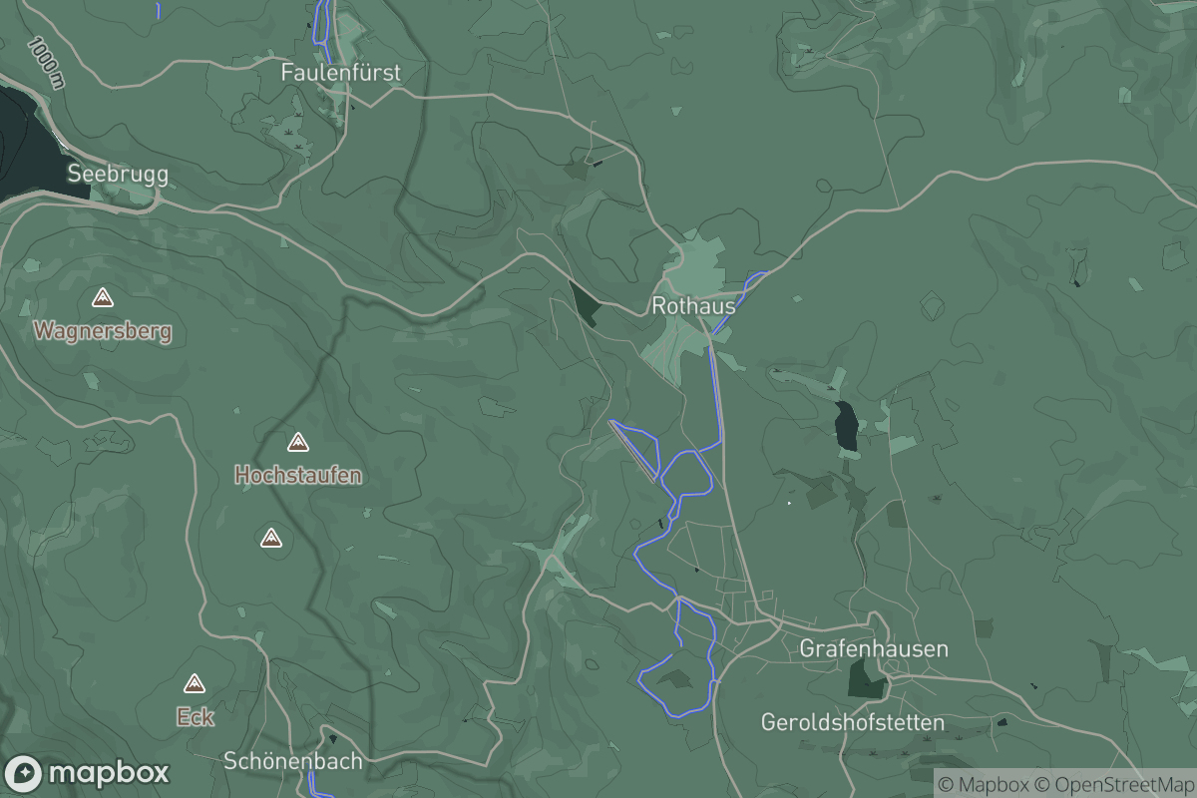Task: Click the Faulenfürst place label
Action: [x=340, y=73]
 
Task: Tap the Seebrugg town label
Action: [x=118, y=174]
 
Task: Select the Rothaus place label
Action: [x=693, y=306]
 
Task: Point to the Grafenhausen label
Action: [x=874, y=649]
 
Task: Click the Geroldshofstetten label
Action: [x=852, y=721]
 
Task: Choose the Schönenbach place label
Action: [x=292, y=760]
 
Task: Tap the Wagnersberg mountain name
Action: [x=103, y=331]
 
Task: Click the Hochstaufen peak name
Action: [x=297, y=476]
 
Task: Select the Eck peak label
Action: [x=195, y=716]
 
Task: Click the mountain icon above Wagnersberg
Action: [x=102, y=297]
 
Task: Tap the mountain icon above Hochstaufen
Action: [x=297, y=442]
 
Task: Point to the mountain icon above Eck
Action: [x=195, y=683]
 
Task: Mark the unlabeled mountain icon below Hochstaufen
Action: [x=270, y=539]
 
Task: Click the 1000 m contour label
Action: [x=47, y=62]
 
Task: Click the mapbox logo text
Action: [x=108, y=773]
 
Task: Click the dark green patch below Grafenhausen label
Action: [x=865, y=678]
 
